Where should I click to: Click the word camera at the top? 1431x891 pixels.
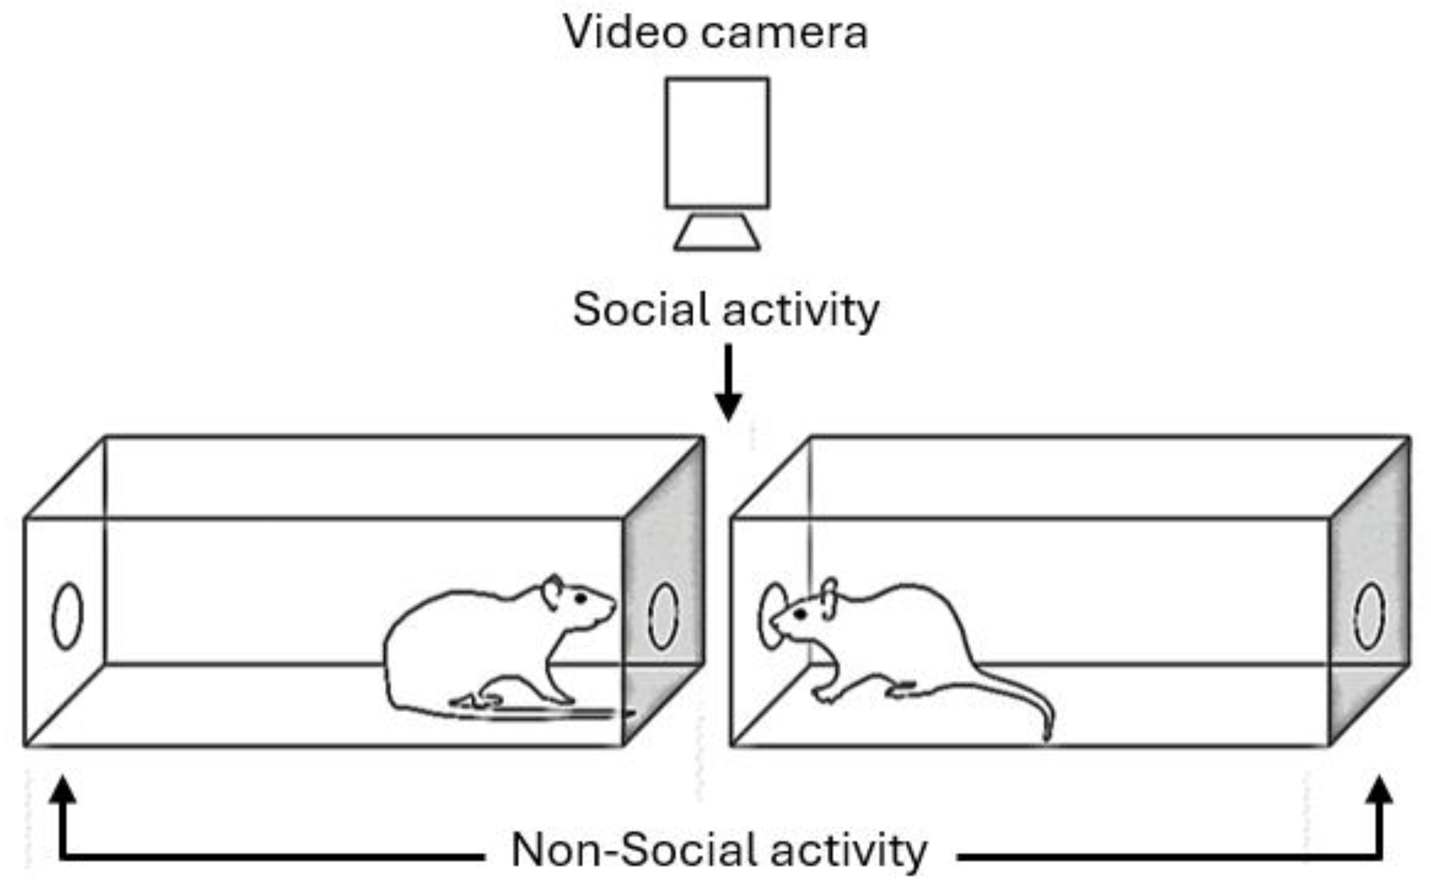(x=784, y=33)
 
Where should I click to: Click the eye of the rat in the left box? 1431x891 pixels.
(x=581, y=599)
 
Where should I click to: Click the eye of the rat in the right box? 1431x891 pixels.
(x=800, y=614)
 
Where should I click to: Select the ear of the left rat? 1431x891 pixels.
(x=553, y=591)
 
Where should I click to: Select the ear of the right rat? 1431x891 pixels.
(x=829, y=597)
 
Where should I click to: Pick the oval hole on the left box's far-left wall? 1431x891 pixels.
(x=67, y=616)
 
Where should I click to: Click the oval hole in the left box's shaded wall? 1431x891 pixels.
(x=663, y=616)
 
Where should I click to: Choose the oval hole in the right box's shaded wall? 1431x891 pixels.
(x=1369, y=616)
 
